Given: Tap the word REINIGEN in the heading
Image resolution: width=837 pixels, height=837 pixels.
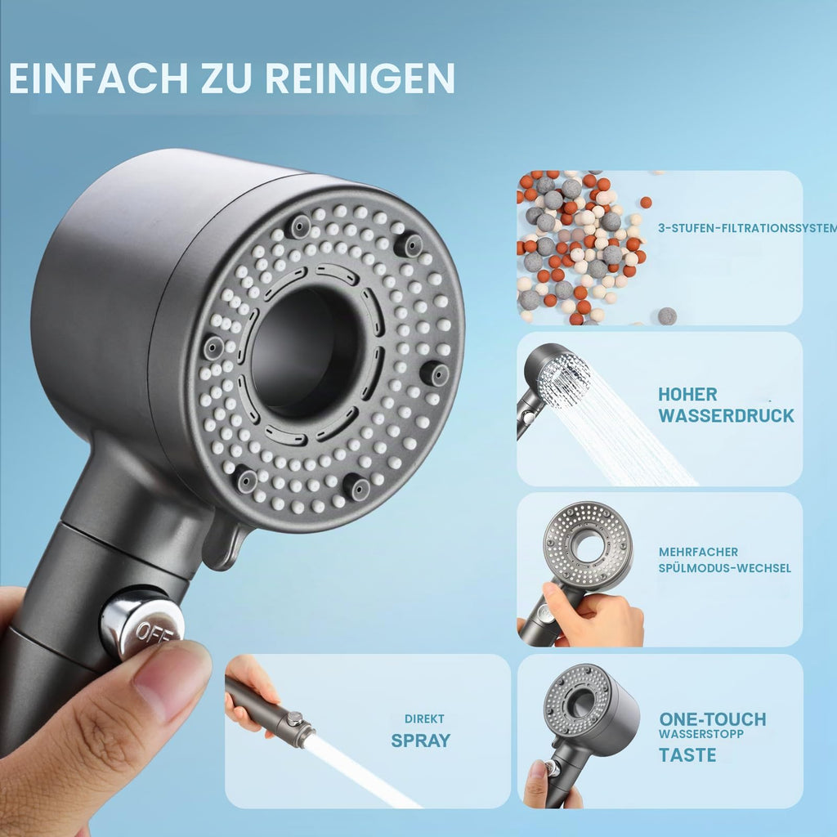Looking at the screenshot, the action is [x=360, y=78].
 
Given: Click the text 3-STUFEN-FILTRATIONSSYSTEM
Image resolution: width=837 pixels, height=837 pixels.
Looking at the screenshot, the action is [x=747, y=228].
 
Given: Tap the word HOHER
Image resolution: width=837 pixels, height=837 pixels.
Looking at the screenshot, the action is [x=687, y=395].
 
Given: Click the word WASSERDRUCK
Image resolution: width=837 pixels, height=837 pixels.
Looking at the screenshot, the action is [x=726, y=415].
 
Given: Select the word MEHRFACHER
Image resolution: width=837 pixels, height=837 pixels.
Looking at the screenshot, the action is [x=698, y=552].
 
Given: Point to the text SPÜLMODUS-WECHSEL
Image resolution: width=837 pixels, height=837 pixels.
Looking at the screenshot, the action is [x=724, y=568].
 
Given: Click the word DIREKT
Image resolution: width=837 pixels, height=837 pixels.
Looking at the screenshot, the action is [x=424, y=719].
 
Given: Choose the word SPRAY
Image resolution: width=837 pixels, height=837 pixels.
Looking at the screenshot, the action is [x=421, y=741].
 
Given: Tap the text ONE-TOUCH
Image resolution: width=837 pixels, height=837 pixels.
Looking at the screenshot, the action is [x=713, y=719].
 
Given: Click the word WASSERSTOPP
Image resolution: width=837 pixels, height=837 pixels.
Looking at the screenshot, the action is [x=700, y=734].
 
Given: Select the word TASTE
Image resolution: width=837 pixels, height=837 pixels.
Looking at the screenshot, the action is [x=687, y=754].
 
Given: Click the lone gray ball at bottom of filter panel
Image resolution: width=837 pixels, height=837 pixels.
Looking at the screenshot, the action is [x=667, y=316].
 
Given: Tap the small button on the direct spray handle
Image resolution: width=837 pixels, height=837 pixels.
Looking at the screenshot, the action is [x=293, y=718].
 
